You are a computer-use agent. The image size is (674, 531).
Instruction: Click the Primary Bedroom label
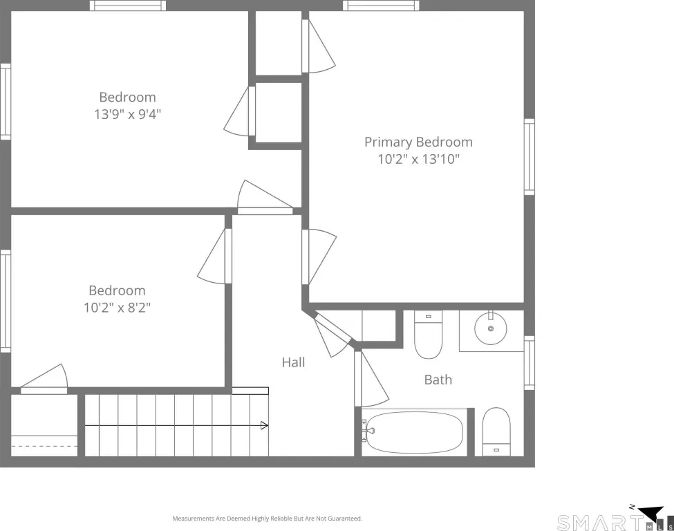[x=418, y=142]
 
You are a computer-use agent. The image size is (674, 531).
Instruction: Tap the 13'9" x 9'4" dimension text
[x=128, y=114]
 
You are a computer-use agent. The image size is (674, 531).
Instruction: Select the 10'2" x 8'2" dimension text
[x=117, y=308]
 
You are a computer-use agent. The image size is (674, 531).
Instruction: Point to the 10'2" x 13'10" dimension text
[x=419, y=159]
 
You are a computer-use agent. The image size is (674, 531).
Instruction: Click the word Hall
[x=294, y=362]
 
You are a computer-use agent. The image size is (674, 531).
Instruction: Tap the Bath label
[x=438, y=380]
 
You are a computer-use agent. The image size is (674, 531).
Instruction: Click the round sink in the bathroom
[x=490, y=328]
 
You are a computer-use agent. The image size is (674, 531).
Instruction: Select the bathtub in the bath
[x=413, y=432]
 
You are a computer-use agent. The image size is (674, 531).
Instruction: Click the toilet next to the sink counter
[x=428, y=335]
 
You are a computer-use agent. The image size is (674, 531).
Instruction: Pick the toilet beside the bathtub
[x=496, y=431]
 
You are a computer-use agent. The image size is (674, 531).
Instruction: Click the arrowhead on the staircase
[x=264, y=426]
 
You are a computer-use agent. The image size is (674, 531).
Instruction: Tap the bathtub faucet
[x=368, y=430]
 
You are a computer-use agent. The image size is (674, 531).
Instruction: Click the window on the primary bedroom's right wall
[x=529, y=157]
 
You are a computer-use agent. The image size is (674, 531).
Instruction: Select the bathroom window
[x=529, y=363]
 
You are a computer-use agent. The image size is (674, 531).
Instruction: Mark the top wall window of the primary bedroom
[x=381, y=6]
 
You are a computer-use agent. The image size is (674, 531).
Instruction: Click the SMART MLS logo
[x=615, y=519]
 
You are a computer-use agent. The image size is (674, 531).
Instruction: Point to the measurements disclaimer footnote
[x=268, y=519]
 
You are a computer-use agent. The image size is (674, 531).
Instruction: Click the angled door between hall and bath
[x=333, y=335]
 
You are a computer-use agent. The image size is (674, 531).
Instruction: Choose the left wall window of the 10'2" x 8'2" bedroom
[x=5, y=301]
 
